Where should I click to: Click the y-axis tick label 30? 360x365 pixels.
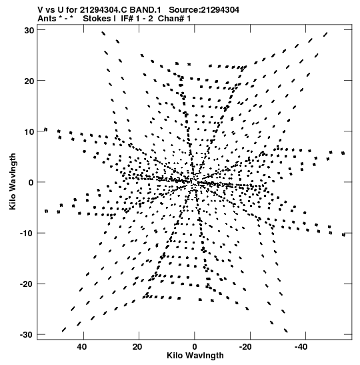[x=29, y=30]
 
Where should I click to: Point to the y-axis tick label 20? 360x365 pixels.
[x=29, y=81]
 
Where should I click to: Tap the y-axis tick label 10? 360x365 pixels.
[x=29, y=132]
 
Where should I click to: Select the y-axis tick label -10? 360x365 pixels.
[x=27, y=234]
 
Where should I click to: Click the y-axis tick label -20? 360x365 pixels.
[x=27, y=284]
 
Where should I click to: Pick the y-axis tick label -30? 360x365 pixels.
[x=27, y=335]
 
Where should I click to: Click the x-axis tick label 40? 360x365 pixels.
[x=82, y=347]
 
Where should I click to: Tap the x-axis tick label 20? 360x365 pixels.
[x=137, y=347]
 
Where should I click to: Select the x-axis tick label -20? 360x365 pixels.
[x=245, y=347]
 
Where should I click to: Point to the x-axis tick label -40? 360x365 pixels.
[x=301, y=347]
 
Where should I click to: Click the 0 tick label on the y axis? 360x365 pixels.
[x=31, y=183]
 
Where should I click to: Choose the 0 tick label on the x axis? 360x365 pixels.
[x=195, y=347]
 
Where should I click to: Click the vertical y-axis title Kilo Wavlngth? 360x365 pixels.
[x=13, y=181]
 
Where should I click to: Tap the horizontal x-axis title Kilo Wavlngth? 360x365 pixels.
[x=195, y=356]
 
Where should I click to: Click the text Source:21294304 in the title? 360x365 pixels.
[x=204, y=10]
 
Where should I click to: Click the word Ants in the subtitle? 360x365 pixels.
[x=47, y=19]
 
